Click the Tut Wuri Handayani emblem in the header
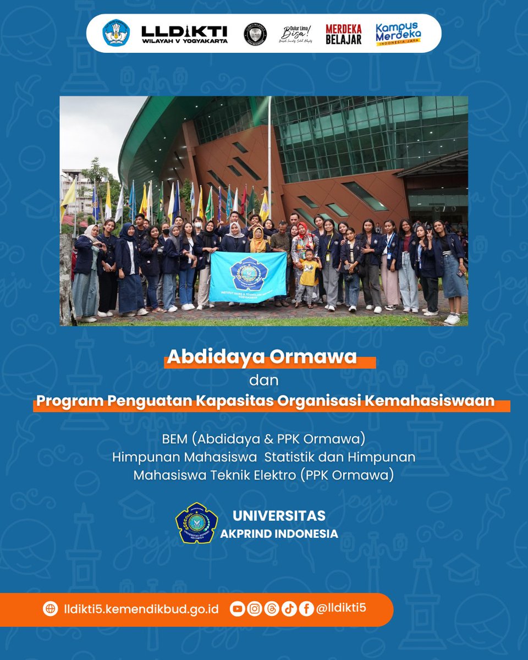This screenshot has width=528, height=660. [x=116, y=34]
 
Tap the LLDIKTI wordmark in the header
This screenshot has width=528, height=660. [x=184, y=34]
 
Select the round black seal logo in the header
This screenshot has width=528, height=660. [x=255, y=34]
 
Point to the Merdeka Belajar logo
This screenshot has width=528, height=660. [x=343, y=34]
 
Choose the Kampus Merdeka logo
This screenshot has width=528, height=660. [x=399, y=34]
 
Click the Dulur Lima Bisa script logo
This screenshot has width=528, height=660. [x=296, y=34]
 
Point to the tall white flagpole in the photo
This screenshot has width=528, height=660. [x=269, y=159]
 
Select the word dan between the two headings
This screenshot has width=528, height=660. [x=264, y=380]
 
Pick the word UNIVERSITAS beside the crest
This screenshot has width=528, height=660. [x=279, y=516]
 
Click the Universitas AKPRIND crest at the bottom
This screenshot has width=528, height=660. [x=196, y=523]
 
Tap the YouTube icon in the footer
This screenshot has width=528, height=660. [x=237, y=609]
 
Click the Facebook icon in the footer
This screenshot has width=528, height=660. [x=306, y=609]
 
